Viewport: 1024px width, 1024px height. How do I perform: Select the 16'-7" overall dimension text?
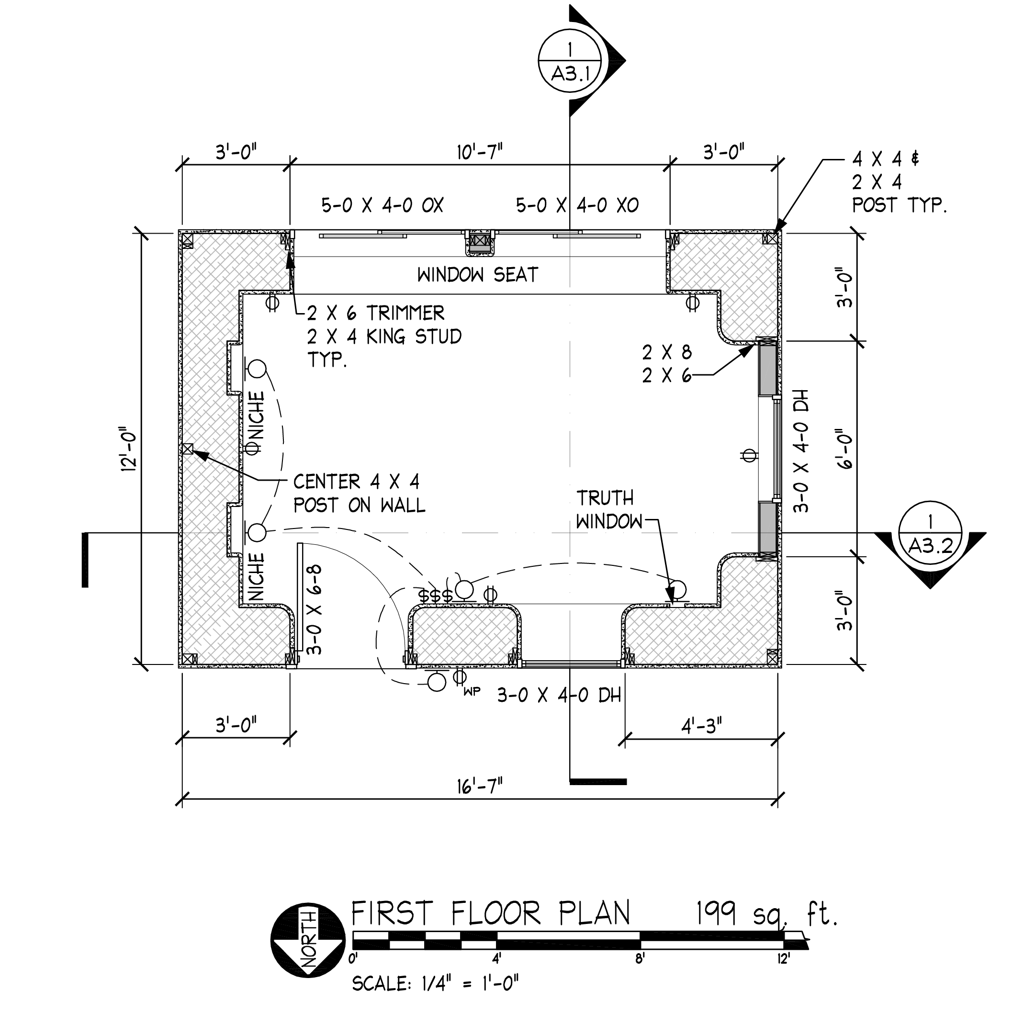coord(479,786)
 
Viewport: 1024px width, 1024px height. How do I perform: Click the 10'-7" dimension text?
coord(479,153)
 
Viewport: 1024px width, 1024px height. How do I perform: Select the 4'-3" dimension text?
coord(701,726)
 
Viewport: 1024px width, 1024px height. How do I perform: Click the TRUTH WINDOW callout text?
coord(608,510)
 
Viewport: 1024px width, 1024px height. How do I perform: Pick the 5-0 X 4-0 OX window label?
coord(382,205)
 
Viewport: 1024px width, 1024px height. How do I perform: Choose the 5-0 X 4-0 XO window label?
coord(577,205)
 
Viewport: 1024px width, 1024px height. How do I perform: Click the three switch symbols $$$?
coord(435,596)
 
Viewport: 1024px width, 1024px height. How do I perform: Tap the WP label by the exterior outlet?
coord(472,691)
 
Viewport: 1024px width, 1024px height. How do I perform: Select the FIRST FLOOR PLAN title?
coord(490,912)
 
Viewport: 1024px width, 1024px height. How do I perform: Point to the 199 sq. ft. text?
coord(766,912)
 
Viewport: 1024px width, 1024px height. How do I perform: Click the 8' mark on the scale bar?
coord(640,959)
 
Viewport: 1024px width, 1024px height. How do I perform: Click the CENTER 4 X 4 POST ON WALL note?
coord(359,494)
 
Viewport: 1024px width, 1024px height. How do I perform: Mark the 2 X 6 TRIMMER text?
coord(375,313)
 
